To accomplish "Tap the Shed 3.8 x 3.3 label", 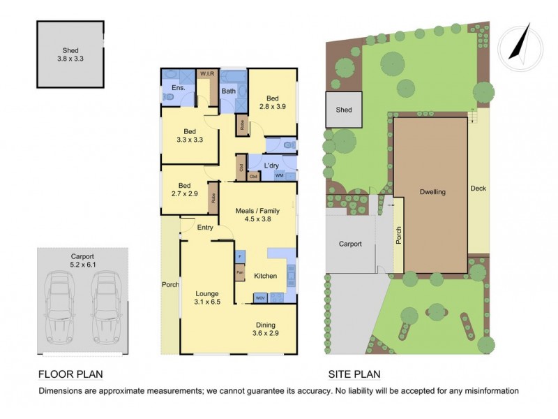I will pos(70,55).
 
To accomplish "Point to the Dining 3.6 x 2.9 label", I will pos(269,330).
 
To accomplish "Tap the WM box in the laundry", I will pos(279,175).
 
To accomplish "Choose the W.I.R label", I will pos(206,73).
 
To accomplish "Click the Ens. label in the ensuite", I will pos(177,87).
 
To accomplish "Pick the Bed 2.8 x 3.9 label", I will pos(272,103).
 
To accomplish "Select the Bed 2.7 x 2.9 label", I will pos(184,190).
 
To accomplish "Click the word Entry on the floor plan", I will pos(205,227).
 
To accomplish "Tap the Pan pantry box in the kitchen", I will pos(239,272).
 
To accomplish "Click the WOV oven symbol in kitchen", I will pos(259,298).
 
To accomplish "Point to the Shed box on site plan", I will pos(344,110).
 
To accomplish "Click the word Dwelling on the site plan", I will pos(432,191).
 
